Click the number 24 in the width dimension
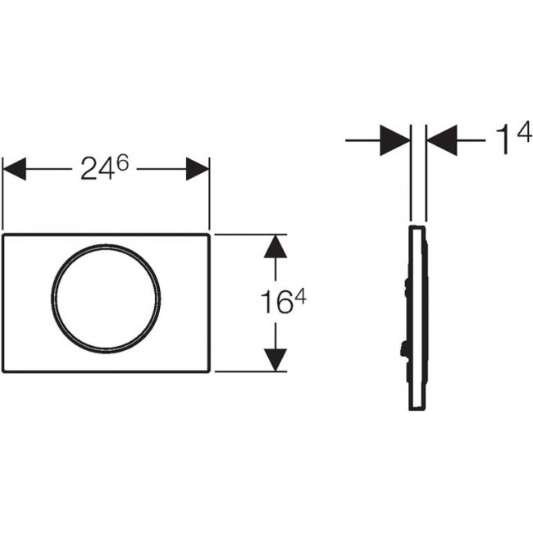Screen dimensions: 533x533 tap(95, 170)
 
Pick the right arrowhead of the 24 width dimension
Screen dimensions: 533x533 tap(198, 170)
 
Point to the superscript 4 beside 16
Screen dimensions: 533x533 tap(300, 298)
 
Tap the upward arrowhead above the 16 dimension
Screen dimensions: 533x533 tap(276, 247)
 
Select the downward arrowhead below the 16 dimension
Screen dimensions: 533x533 tap(276, 358)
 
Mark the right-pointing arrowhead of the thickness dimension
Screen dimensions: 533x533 tap(396, 140)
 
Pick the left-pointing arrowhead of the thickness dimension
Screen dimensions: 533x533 tap(443, 140)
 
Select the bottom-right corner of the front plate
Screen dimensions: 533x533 tap(211, 370)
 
